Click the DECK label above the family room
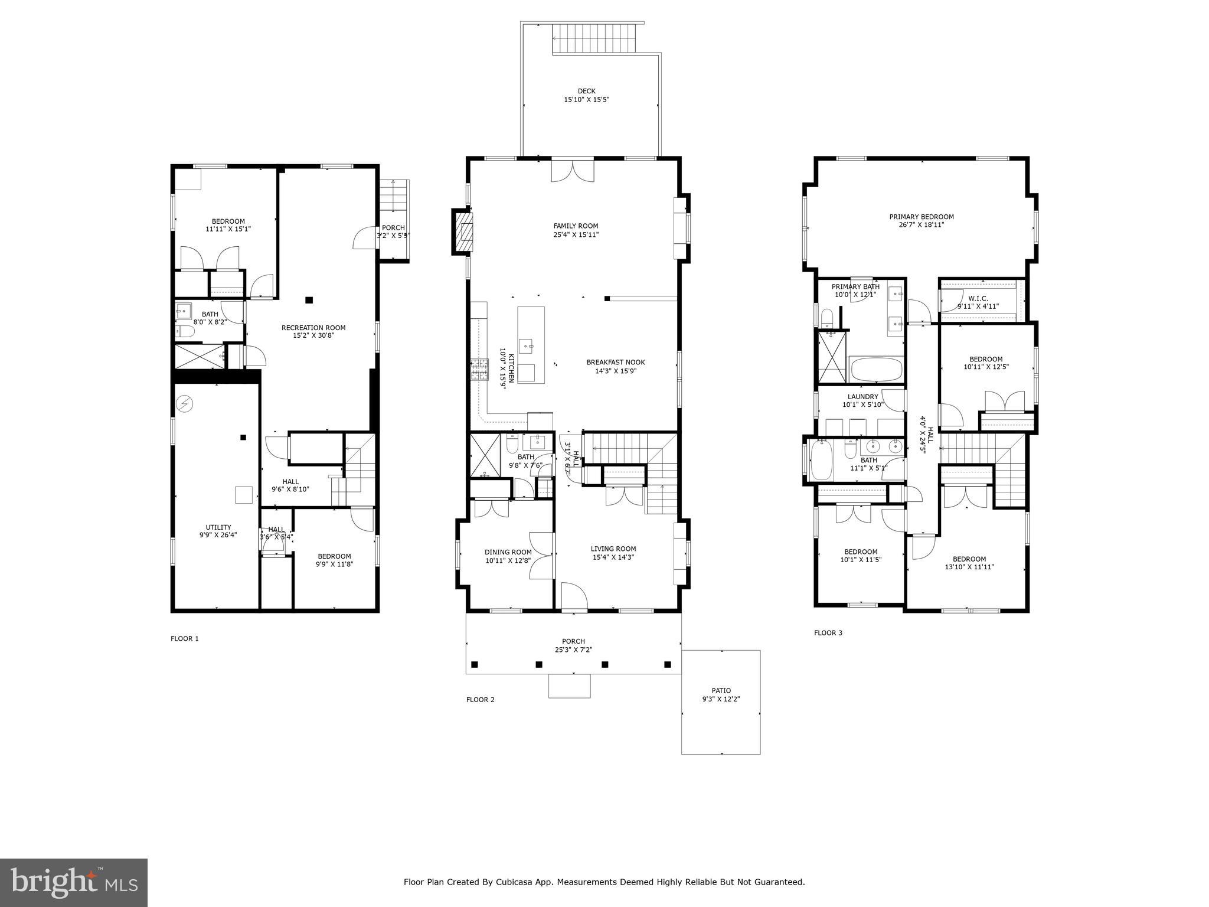[x=586, y=91]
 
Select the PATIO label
[x=721, y=690]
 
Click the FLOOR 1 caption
[x=185, y=638]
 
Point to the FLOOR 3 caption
[x=828, y=633]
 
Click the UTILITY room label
[x=218, y=527]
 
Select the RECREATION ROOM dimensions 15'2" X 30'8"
[x=313, y=335]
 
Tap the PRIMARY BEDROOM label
[x=922, y=217]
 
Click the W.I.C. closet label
[x=978, y=298]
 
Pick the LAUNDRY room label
[x=862, y=397]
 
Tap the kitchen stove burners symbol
[x=479, y=370]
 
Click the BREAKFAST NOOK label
[x=616, y=363]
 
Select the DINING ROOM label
[x=508, y=552]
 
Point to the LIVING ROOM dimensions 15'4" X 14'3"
[x=613, y=557]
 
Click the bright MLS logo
[x=74, y=882]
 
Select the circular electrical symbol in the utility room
[x=185, y=403]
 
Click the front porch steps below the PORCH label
[x=569, y=686]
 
